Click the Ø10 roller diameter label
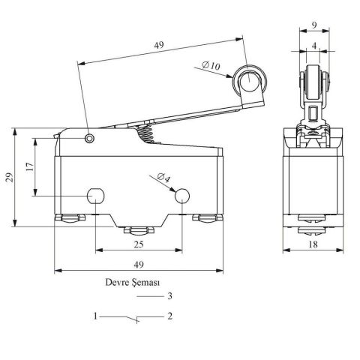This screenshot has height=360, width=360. [x=212, y=67]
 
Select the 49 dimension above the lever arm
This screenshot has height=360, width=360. [x=159, y=46]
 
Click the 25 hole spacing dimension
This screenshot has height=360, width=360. [x=139, y=244]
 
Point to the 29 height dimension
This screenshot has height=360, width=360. [x=9, y=177]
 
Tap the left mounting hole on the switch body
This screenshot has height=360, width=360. [x=96, y=196]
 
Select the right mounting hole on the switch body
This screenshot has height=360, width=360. [x=182, y=196]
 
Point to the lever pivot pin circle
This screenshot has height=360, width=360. [x=90, y=138]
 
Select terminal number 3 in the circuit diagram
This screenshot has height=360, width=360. [x=170, y=296]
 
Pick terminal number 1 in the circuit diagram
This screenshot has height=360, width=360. [x=95, y=316]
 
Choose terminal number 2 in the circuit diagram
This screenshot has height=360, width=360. [x=170, y=316]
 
